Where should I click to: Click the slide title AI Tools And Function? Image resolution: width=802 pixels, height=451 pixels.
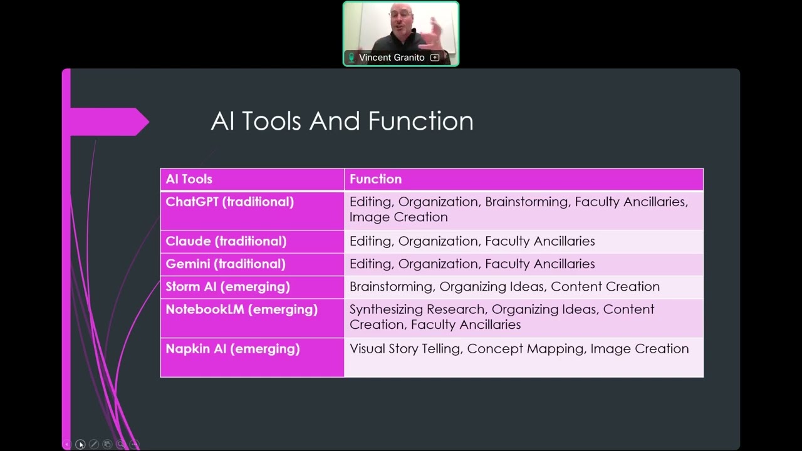[x=342, y=121]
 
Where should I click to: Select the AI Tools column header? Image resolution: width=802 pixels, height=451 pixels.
[x=189, y=179]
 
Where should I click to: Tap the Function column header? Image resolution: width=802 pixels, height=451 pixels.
[x=375, y=179]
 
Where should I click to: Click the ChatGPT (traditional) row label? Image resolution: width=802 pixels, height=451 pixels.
[x=229, y=202]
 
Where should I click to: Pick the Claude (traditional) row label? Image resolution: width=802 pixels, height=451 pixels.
[x=226, y=241]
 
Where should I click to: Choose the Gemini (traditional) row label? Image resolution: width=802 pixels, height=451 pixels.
[x=225, y=264]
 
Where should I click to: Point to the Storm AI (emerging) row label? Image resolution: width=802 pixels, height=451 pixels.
[x=227, y=286]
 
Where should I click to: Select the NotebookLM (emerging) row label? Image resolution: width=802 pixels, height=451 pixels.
[x=241, y=309]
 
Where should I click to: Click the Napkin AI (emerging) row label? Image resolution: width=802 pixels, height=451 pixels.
[x=232, y=349]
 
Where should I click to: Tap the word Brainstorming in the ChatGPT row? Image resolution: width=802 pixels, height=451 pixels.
[x=527, y=202]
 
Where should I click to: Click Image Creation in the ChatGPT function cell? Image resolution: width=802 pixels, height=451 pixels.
[x=398, y=217]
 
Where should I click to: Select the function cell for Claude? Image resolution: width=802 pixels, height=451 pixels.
[x=472, y=241]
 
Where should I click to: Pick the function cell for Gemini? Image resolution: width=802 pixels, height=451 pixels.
[x=472, y=264]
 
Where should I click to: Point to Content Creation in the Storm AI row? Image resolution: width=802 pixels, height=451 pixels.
[x=605, y=286]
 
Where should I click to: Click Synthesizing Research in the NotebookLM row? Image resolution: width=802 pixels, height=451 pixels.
[x=417, y=309]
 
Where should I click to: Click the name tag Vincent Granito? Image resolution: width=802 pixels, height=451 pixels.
[x=392, y=58]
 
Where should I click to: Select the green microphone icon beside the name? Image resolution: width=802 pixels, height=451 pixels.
[x=352, y=58]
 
